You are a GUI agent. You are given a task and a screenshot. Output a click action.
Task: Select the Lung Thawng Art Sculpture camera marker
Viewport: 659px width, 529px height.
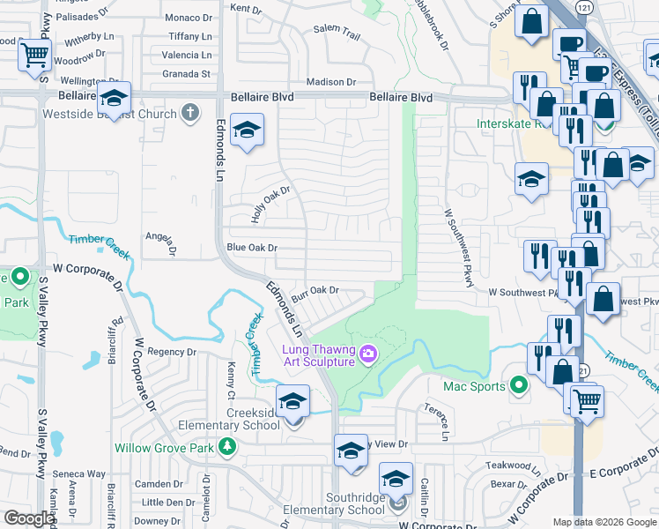(368, 354)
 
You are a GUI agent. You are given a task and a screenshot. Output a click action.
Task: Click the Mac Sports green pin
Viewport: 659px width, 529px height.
(519, 385)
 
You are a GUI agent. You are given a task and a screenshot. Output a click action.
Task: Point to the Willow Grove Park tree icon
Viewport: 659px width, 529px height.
(227, 448)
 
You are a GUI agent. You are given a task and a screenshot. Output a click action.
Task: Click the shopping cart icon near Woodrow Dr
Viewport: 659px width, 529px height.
(34, 56)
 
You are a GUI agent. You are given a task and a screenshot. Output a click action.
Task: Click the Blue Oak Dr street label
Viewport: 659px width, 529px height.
(252, 248)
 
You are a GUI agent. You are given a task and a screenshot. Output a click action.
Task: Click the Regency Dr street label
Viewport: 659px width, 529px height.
(172, 352)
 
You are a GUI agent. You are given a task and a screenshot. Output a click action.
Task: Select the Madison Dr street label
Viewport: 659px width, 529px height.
(330, 82)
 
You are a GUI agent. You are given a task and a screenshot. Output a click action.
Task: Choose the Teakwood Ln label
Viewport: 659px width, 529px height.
(509, 465)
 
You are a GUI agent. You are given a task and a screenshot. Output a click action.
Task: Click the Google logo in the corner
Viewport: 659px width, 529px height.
(28, 519)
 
